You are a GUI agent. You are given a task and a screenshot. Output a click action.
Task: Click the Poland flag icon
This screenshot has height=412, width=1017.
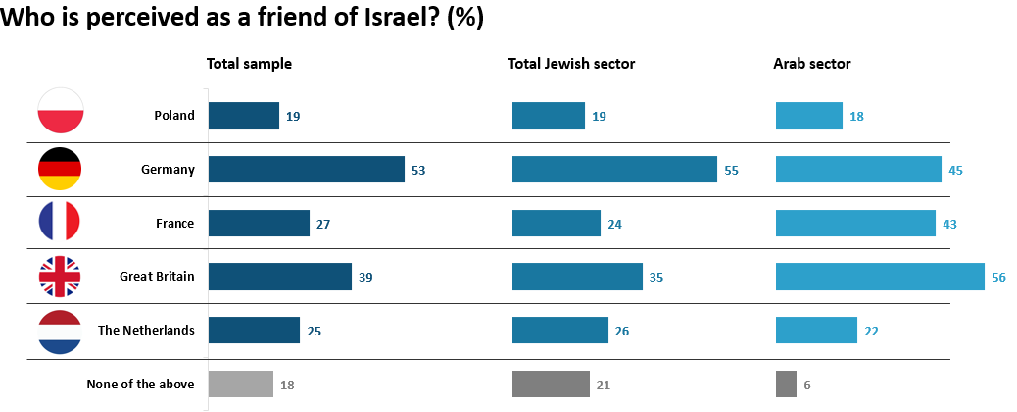(x=61, y=115)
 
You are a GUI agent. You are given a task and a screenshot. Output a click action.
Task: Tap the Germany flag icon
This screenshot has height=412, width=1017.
(x=61, y=169)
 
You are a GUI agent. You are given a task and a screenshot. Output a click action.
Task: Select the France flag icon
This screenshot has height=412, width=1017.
(x=61, y=222)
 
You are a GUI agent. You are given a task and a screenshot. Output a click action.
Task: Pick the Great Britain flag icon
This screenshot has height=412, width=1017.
(x=61, y=277)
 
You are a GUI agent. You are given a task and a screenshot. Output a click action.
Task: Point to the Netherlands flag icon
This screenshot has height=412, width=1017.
(x=61, y=330)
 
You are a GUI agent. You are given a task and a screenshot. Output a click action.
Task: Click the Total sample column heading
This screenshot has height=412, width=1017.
(x=249, y=64)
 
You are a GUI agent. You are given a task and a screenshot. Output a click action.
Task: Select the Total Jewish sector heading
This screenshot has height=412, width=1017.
(x=571, y=64)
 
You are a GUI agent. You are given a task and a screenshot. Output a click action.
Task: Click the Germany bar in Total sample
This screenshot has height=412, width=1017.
(x=307, y=170)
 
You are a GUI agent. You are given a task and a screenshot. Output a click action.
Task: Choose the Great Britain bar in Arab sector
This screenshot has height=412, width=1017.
(x=880, y=277)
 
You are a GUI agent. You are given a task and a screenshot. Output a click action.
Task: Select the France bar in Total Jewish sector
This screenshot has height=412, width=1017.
(x=557, y=224)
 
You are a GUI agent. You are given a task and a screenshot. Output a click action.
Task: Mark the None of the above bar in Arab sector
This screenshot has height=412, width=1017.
(x=786, y=385)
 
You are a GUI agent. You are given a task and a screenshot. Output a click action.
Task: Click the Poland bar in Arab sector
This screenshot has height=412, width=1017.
(x=809, y=116)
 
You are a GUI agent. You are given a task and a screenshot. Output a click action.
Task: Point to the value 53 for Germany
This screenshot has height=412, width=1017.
(x=418, y=170)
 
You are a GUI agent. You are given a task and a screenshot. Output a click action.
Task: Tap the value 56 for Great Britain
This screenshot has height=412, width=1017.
(x=998, y=278)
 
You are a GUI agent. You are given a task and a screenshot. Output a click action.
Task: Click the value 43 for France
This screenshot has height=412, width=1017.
(x=949, y=224)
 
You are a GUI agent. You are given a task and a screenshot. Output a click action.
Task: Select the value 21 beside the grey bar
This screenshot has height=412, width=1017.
(x=604, y=385)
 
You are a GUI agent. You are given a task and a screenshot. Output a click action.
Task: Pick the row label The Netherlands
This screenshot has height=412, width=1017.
(x=146, y=330)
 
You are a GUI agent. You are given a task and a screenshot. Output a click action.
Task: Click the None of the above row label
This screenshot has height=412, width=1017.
(x=140, y=384)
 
